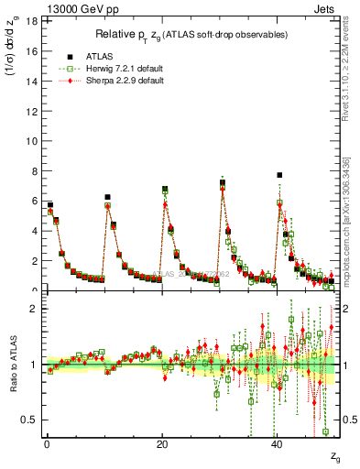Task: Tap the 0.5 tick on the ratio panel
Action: point(30,420)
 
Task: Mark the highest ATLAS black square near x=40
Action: point(279,175)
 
